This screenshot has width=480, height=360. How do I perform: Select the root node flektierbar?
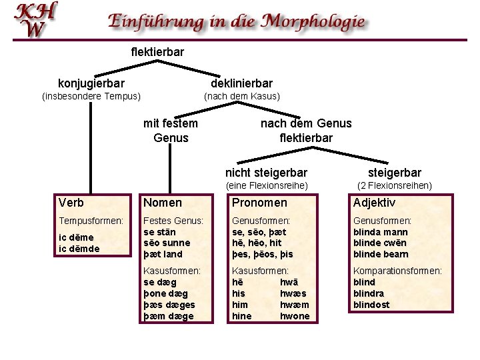(x=157, y=51)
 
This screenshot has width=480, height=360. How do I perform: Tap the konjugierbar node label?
(x=91, y=83)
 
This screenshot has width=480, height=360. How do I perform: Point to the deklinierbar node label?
(x=241, y=83)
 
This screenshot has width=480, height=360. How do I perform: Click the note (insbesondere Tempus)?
(x=91, y=97)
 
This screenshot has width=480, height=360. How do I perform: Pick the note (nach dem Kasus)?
(x=241, y=97)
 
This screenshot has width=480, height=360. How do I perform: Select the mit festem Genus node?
(x=171, y=131)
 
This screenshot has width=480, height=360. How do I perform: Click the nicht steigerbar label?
(x=267, y=173)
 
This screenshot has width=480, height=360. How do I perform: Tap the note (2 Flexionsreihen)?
(x=395, y=185)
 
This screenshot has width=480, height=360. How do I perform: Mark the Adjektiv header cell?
(x=374, y=203)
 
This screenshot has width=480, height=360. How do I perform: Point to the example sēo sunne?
(x=167, y=243)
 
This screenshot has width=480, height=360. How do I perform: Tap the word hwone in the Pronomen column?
(x=295, y=316)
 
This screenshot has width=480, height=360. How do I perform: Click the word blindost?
(x=371, y=305)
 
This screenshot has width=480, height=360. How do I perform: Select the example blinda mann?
(x=381, y=231)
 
